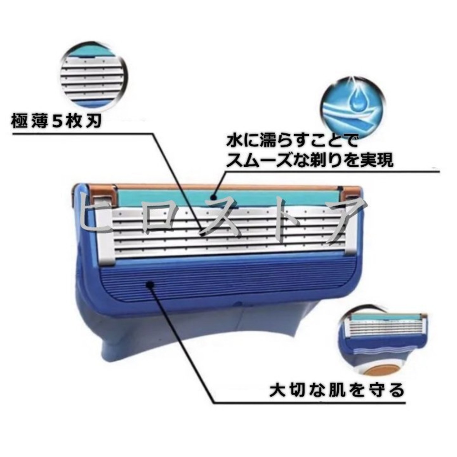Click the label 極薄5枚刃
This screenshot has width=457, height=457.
click(56, 122)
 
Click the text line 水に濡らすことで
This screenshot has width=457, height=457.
click(292, 141)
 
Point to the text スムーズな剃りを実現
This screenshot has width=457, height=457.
click(309, 160)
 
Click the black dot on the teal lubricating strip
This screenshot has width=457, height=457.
click(214, 196)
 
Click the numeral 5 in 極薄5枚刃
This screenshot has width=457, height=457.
click(59, 122)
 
